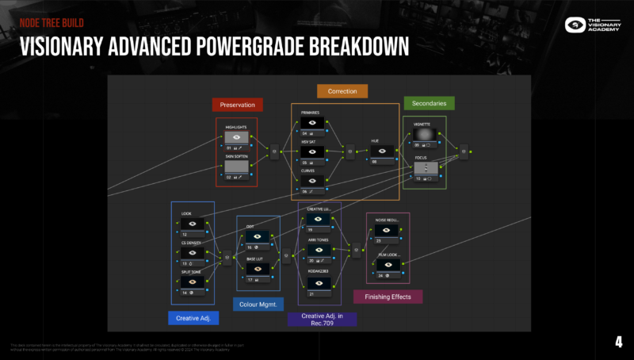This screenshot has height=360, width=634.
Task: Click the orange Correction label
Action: [x=342, y=91]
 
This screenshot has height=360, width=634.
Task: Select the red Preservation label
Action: [x=238, y=105]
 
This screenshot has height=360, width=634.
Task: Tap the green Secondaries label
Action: [x=429, y=103]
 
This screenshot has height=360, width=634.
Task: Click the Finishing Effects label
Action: [x=388, y=297]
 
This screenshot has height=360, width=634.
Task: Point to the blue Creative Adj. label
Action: [x=193, y=318]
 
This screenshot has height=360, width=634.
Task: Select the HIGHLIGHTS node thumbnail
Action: [x=237, y=137]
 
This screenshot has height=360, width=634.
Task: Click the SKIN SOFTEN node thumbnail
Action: [x=237, y=167]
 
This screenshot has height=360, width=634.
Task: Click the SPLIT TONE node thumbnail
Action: [x=192, y=282]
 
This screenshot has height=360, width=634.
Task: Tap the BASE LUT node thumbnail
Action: [x=259, y=269]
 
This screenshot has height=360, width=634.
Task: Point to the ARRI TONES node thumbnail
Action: [x=318, y=250]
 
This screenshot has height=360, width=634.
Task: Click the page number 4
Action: [x=618, y=343]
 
